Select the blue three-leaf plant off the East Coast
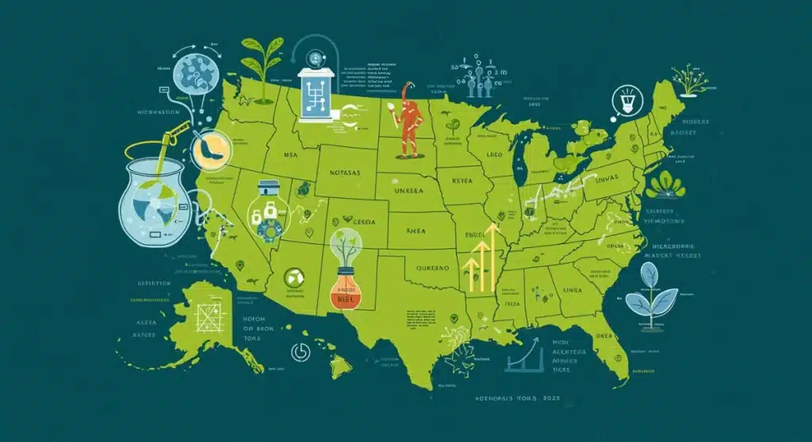[652, 291]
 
